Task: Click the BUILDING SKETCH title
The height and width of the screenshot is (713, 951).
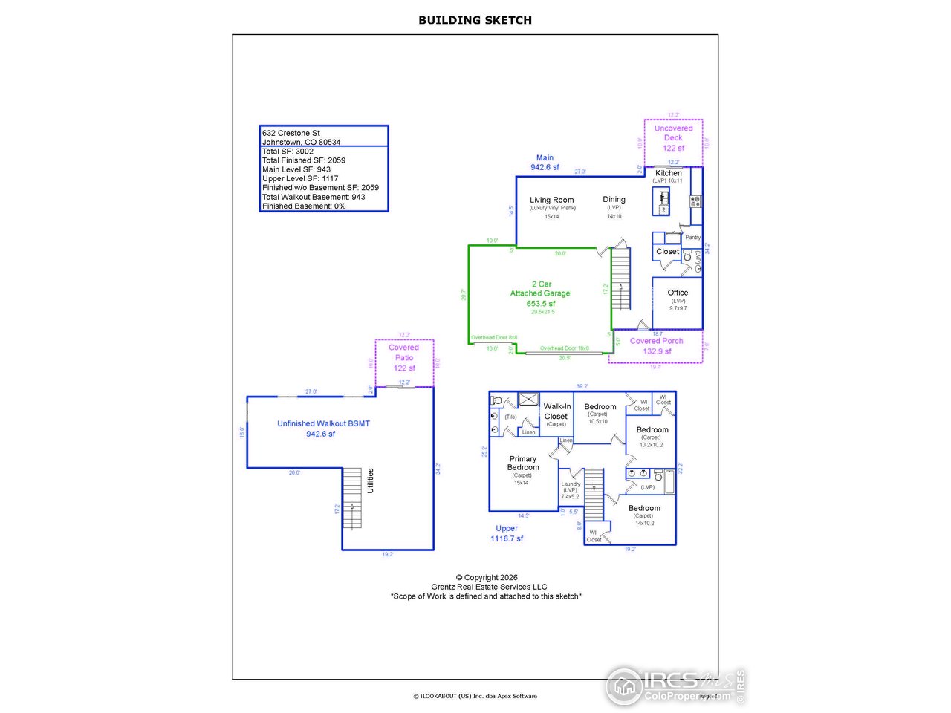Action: click(x=475, y=20)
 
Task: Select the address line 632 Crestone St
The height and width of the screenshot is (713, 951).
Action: click(x=291, y=133)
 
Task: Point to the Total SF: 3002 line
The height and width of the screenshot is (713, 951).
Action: click(x=288, y=151)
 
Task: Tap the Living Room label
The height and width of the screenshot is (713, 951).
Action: click(x=551, y=200)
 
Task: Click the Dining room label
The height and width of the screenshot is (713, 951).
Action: click(x=614, y=199)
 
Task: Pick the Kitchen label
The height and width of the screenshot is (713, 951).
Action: click(x=668, y=173)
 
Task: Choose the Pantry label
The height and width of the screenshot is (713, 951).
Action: click(x=692, y=238)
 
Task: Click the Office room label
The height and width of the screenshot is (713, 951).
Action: click(x=678, y=293)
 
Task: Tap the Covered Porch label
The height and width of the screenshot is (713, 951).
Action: click(x=656, y=341)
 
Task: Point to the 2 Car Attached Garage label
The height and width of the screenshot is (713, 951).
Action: click(x=540, y=289)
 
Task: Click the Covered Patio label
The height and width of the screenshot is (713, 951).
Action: click(x=404, y=352)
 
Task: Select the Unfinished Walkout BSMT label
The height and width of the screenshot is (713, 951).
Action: click(x=323, y=423)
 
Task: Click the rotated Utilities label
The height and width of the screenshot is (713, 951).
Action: click(x=371, y=481)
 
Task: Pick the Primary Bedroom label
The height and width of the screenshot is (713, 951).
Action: click(x=522, y=463)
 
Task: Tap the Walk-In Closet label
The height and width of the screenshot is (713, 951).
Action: click(x=556, y=411)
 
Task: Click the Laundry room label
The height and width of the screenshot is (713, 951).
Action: click(x=571, y=484)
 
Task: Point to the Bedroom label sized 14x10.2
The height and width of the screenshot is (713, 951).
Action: click(x=644, y=509)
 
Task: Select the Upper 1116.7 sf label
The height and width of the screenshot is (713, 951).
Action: click(x=507, y=533)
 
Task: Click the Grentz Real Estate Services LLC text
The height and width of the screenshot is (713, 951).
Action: click(x=489, y=587)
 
